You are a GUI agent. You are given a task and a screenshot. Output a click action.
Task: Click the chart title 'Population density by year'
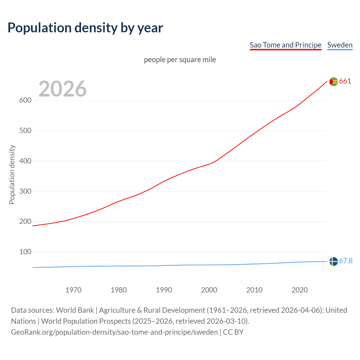[x=85, y=28]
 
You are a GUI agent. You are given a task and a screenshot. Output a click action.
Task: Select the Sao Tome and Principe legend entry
[x=285, y=45]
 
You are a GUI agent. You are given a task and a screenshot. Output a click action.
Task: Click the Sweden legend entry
[x=340, y=45]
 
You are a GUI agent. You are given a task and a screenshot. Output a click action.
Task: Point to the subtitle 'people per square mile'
[x=180, y=60]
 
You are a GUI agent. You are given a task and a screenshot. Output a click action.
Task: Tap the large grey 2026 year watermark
[x=62, y=89]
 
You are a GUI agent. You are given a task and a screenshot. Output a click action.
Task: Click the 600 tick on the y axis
[x=25, y=100]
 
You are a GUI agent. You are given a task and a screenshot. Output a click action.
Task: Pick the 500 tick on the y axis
[x=25, y=131]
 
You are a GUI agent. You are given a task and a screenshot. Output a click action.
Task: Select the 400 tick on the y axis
[x=25, y=161]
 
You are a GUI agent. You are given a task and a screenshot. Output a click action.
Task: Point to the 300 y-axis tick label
[x=25, y=191]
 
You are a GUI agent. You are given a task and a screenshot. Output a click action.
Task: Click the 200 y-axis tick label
[x=25, y=222]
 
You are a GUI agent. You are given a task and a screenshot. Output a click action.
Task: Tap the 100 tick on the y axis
[x=25, y=252]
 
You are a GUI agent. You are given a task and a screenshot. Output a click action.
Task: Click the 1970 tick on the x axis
[x=73, y=290]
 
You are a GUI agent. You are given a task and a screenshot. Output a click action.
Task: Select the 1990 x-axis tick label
[x=164, y=290]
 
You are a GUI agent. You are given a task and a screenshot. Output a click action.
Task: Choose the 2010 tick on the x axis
[x=254, y=290]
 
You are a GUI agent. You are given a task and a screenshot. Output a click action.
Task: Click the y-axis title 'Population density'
[x=12, y=174]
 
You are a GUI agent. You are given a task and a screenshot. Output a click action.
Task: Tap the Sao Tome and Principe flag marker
[x=334, y=82]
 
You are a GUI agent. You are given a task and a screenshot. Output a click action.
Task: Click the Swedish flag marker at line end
[x=334, y=261]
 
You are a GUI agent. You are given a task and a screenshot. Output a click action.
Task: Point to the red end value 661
[x=345, y=81]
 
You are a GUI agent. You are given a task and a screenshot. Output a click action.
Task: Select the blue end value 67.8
[x=346, y=261]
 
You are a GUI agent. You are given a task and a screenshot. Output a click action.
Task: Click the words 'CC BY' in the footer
[x=233, y=332]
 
